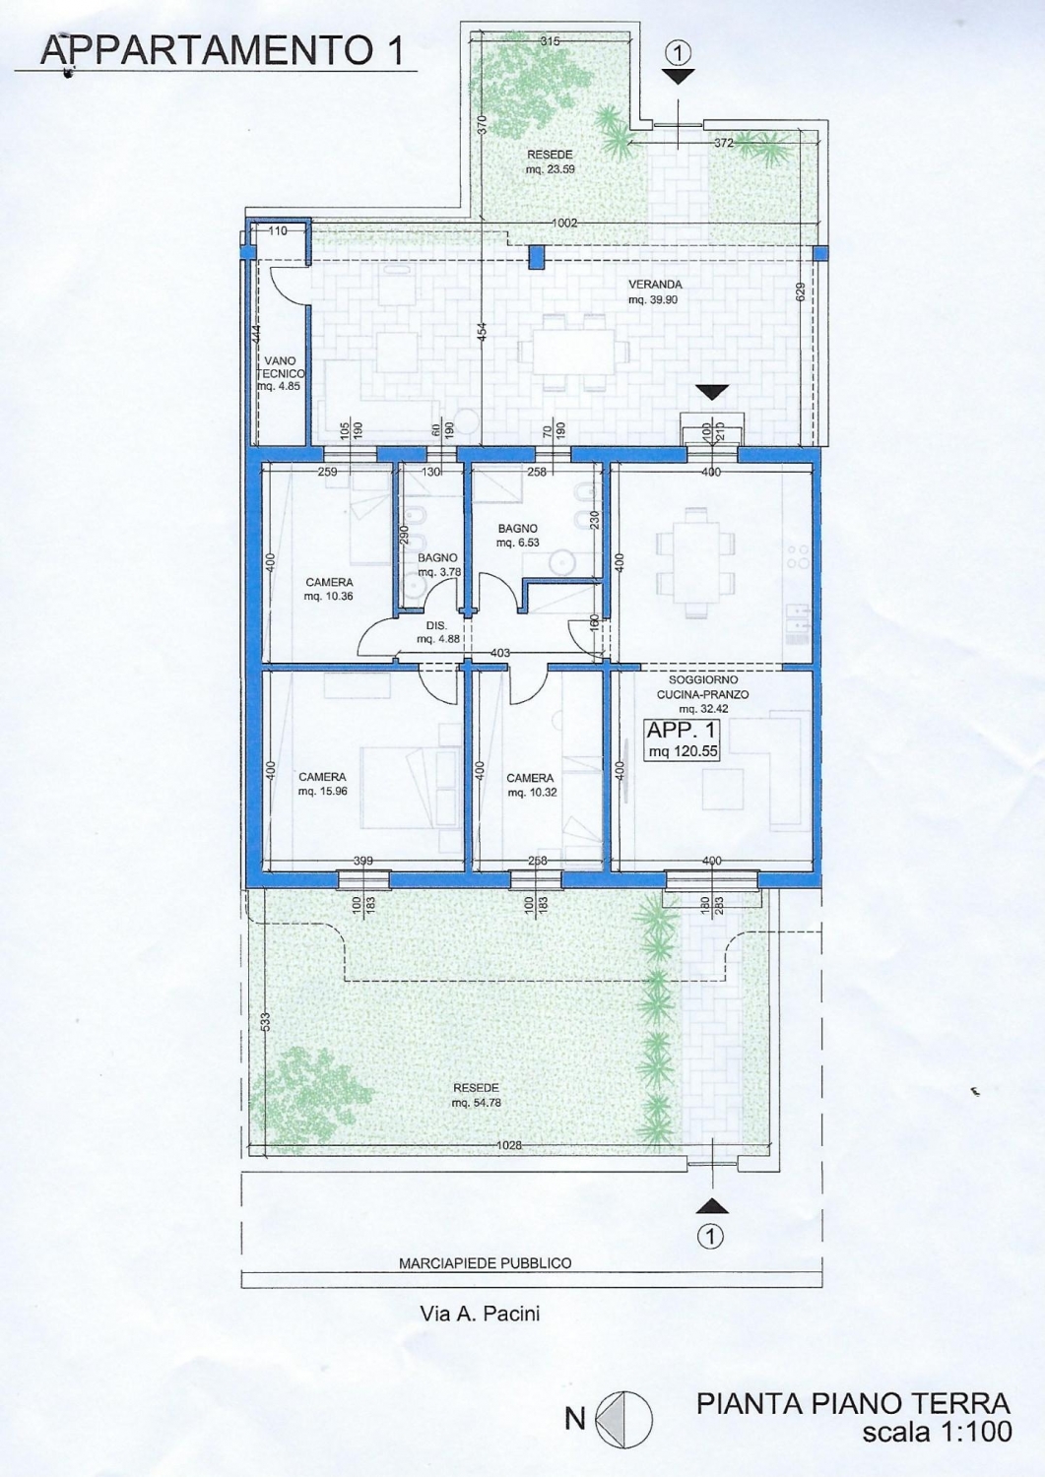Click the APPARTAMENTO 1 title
point(222,50)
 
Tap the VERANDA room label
point(655,292)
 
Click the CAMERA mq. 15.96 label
point(322,784)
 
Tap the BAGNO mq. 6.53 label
point(517,535)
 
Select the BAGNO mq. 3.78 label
point(438,564)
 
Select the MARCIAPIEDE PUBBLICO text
point(485,1263)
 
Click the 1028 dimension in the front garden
point(508,1145)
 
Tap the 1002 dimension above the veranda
point(564,223)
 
